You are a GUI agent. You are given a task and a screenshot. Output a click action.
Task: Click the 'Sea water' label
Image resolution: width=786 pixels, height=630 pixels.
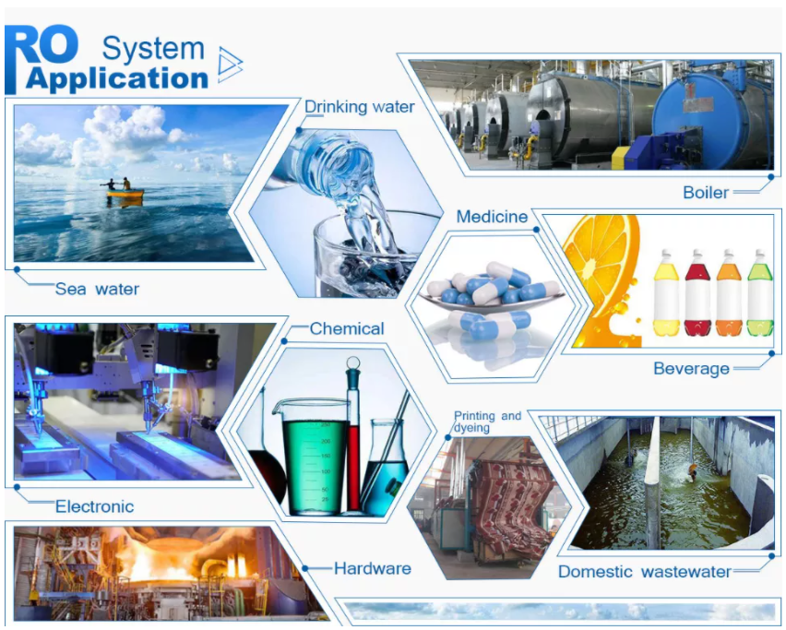pos(97,289)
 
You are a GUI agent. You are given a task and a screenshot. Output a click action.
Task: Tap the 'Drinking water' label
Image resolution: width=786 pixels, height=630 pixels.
pos(360,107)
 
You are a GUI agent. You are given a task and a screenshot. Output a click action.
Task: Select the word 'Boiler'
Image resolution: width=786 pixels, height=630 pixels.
pos(706,193)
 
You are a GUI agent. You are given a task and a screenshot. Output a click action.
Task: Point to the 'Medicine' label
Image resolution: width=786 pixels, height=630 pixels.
pos(492,217)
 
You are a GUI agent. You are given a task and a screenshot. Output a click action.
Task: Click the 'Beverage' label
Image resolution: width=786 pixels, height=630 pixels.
pos(691,369)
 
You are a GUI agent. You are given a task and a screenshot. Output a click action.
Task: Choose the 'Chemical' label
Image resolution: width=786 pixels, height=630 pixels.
pos(347,328)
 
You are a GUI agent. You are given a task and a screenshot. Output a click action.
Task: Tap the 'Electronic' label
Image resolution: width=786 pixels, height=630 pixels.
pos(94,506)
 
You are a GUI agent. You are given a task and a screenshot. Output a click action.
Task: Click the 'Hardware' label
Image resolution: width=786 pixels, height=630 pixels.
pos(373,568)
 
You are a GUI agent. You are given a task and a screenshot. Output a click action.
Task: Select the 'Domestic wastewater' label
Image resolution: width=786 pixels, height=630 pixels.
pos(645,571)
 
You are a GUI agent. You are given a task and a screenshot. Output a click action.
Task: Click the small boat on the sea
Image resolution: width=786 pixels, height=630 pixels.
pos(125,192)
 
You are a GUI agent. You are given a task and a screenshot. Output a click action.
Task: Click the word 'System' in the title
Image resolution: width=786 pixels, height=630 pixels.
pos(153,49)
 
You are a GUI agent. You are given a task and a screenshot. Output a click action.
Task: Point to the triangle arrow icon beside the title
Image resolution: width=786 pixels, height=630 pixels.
pos(230,65)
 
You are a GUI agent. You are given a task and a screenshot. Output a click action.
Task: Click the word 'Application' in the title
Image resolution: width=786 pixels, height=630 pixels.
pos(117,79)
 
